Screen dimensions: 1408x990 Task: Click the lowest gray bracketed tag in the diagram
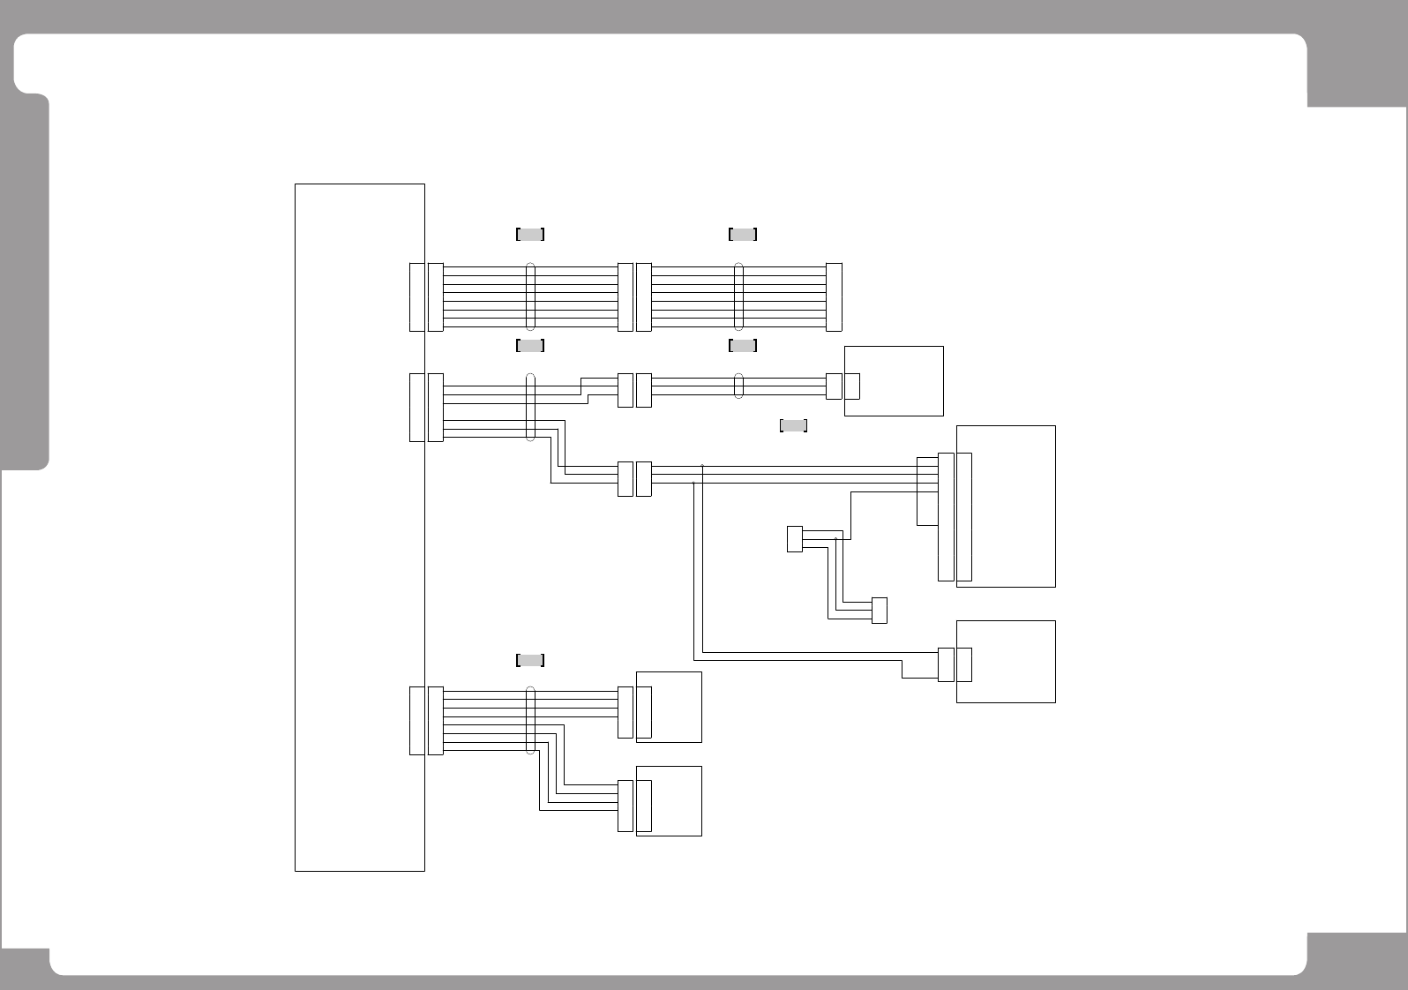(x=530, y=660)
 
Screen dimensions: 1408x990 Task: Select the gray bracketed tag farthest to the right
(x=793, y=426)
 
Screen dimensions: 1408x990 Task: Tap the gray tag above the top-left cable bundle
(x=530, y=234)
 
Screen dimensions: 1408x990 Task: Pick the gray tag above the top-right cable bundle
(x=743, y=234)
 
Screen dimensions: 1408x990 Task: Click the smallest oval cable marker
(x=739, y=386)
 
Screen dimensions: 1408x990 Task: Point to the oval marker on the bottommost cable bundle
(x=530, y=720)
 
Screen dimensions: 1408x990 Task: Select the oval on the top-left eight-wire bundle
(x=530, y=296)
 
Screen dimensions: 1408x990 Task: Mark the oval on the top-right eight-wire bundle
(x=739, y=296)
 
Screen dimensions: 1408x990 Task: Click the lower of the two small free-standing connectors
(x=879, y=611)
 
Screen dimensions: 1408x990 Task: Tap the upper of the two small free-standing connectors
(x=795, y=539)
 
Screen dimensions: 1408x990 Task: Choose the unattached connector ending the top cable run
(x=834, y=297)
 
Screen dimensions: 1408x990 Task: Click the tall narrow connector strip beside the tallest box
(x=946, y=517)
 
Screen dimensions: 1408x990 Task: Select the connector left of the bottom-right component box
(x=946, y=664)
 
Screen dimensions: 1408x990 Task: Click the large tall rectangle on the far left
(x=360, y=528)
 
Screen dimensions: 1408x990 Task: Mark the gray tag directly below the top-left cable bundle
(x=530, y=345)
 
